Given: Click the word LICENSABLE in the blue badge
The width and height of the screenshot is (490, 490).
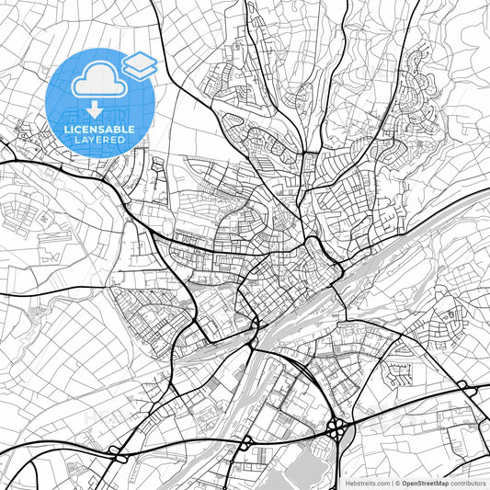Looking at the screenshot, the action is (x=99, y=130).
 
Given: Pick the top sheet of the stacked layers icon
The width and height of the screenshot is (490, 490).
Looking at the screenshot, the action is (x=140, y=60).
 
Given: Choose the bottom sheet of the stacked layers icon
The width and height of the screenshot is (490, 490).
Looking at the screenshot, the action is (x=140, y=70).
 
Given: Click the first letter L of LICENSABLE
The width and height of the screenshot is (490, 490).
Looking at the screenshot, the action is (x=66, y=130).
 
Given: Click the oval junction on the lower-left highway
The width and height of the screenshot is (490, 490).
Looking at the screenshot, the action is (x=118, y=451).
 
